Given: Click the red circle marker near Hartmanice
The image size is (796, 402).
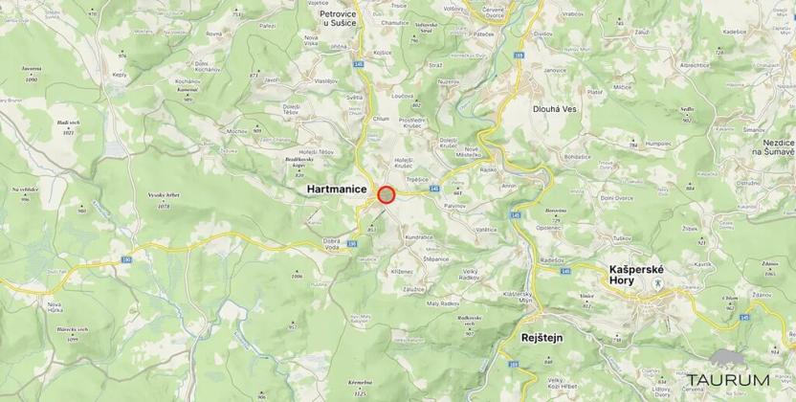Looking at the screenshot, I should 387,194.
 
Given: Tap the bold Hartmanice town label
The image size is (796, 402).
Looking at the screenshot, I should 337,190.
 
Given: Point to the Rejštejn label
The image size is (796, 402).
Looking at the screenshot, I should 542,338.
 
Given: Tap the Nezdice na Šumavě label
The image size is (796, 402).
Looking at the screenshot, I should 772,146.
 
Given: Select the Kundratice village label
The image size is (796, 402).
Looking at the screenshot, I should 419,236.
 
